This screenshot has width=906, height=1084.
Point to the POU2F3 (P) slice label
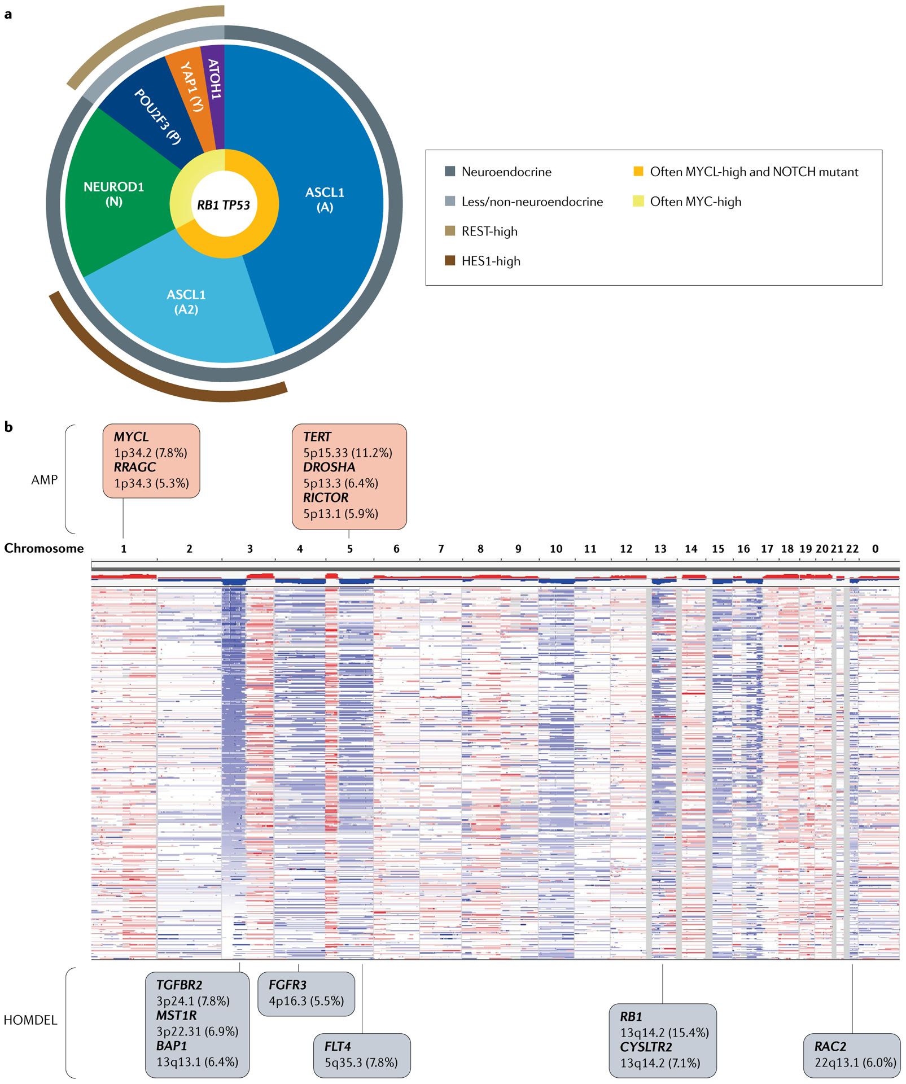pos(157,116)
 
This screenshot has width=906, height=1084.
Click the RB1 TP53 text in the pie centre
pos(224,206)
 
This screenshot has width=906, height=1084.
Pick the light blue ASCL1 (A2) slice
pos(186,302)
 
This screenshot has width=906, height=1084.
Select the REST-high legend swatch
pos(450,231)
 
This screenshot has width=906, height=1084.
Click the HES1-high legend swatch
pos(450,261)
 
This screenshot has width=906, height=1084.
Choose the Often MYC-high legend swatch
pos(638,202)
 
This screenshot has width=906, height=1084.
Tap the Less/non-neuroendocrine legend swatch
pos(450,202)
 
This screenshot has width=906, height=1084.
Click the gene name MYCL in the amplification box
pos(132,437)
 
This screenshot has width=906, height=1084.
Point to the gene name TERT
pos(317,437)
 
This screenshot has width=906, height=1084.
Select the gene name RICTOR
pos(326,498)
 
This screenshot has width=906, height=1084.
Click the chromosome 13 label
pos(660,549)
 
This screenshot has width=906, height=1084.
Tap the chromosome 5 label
pos(350,549)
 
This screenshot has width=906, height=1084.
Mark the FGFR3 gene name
pos(287,985)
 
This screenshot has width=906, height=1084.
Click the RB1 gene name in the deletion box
pos(631,1017)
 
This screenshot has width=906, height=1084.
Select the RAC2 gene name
pos(830,1047)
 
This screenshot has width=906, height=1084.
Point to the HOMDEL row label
pos(30,1020)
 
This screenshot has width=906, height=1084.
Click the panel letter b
pos(8,427)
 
